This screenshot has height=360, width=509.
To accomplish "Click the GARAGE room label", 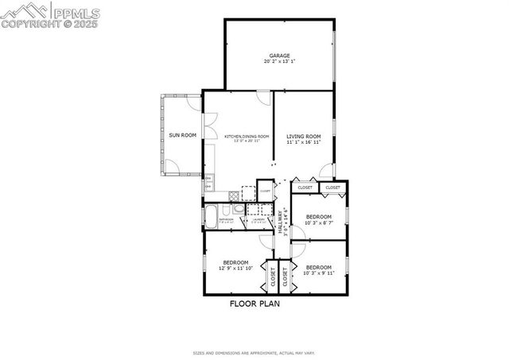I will click(x=278, y=56).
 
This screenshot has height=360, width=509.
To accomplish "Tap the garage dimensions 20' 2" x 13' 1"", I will click(x=278, y=61).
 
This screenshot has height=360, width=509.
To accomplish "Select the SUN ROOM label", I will click(x=182, y=135).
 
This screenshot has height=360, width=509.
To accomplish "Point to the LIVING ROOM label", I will click(x=303, y=137).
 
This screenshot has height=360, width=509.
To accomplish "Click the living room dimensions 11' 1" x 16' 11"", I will click(x=303, y=142).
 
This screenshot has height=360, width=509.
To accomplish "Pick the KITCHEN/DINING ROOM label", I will click(x=247, y=137).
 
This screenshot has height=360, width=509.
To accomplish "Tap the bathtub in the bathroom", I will click(x=212, y=216).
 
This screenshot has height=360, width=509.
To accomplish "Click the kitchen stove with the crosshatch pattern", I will click(x=234, y=195).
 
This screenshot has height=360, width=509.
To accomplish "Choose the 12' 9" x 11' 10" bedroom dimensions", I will click(x=236, y=268).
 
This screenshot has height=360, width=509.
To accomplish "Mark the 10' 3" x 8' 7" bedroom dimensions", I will click(x=318, y=223).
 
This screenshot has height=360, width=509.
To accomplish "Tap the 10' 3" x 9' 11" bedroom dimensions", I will click(x=318, y=273).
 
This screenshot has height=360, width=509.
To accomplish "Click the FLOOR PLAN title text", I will click(x=254, y=304).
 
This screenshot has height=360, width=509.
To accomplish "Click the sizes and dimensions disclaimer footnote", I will click(x=254, y=353).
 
